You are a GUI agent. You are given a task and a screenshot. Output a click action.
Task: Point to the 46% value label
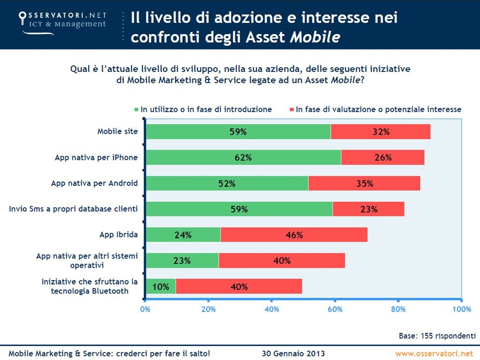point(294,235)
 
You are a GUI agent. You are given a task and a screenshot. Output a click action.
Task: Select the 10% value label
point(161,287)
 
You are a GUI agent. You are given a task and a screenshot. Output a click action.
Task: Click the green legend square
point(137,109)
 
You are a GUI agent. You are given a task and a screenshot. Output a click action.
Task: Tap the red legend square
point(291,109)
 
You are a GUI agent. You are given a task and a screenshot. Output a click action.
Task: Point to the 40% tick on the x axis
point(272,309)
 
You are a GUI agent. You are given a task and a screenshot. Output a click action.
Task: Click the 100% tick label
point(461,309)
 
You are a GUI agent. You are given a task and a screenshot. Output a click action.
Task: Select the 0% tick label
point(145,309)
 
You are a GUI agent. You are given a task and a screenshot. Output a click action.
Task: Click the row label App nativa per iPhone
point(96,157)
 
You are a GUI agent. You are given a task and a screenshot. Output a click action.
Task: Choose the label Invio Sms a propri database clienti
point(73,209)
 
